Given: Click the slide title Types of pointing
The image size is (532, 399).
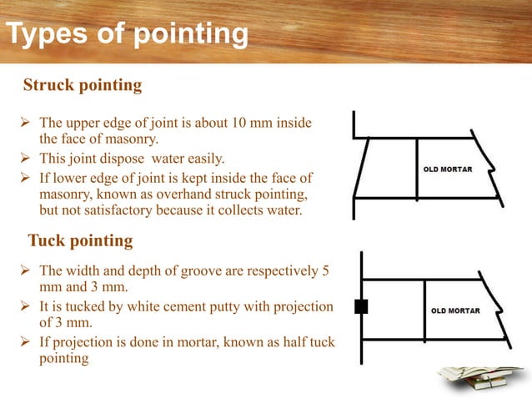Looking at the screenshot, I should (x=127, y=36).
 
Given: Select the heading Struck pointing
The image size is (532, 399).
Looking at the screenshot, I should (x=83, y=85).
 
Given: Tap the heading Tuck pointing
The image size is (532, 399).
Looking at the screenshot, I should (x=80, y=241).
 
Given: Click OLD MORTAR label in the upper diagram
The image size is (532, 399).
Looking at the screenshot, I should (x=448, y=169).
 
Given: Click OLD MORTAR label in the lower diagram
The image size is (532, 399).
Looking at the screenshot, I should (x=455, y=311).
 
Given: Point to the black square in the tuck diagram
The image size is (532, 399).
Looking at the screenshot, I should (x=361, y=306).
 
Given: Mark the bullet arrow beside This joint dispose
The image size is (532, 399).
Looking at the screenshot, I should (x=24, y=159).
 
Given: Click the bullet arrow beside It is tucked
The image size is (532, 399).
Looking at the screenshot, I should (x=24, y=306).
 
